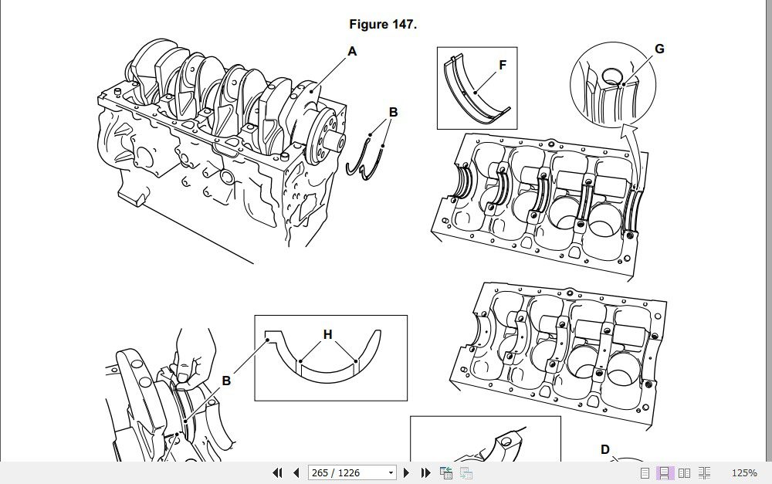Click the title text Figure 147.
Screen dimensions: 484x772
383,25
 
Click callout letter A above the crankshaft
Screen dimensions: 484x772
352,52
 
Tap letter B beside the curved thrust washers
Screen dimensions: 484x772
393,112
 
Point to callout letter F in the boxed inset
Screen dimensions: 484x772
503,66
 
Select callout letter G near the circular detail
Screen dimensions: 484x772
659,49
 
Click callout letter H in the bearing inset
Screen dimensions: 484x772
328,335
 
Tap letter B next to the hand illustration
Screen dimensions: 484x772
226,381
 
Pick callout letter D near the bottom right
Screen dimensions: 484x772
605,450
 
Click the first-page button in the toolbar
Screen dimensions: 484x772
277,472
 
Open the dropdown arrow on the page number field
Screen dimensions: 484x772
391,472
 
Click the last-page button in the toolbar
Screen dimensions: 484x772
425,472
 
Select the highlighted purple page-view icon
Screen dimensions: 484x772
664,472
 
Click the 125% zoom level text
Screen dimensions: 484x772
744,472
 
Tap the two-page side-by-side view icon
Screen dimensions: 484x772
684,472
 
